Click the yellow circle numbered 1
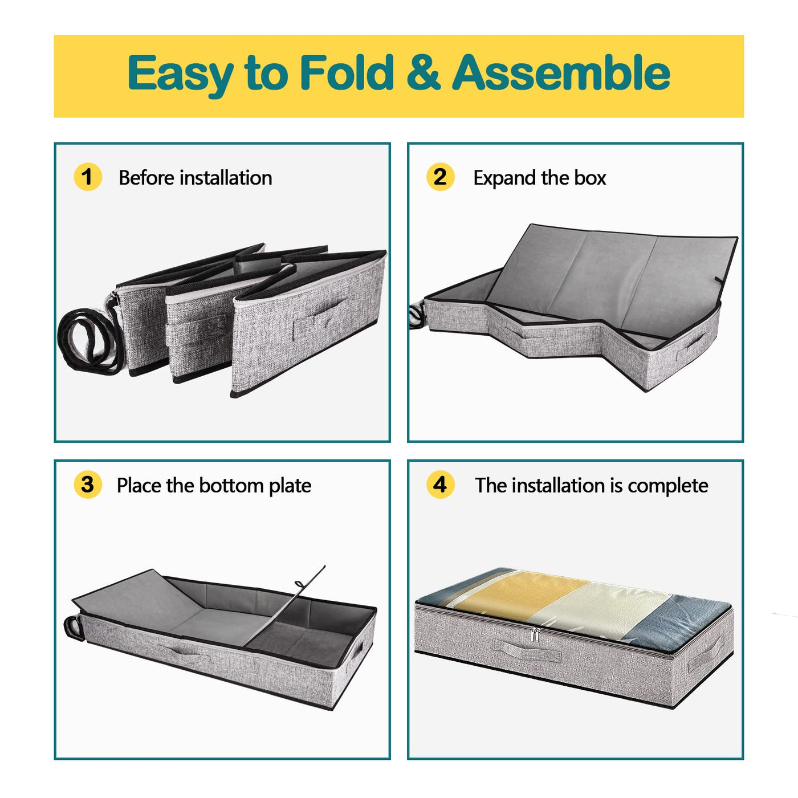click(87, 177)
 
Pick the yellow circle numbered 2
click(440, 177)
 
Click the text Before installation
click(196, 178)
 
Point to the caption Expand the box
click(540, 178)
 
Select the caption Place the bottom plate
click(214, 485)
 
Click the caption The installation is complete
click(591, 485)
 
